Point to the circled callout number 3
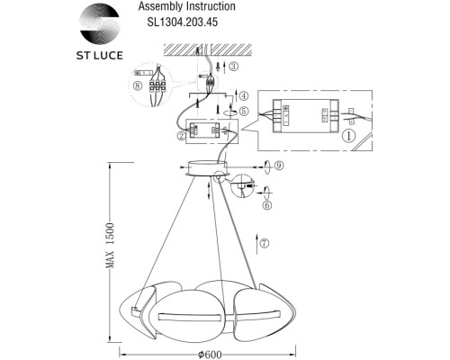point(233,67)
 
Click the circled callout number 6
point(266,205)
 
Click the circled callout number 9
point(279,166)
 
